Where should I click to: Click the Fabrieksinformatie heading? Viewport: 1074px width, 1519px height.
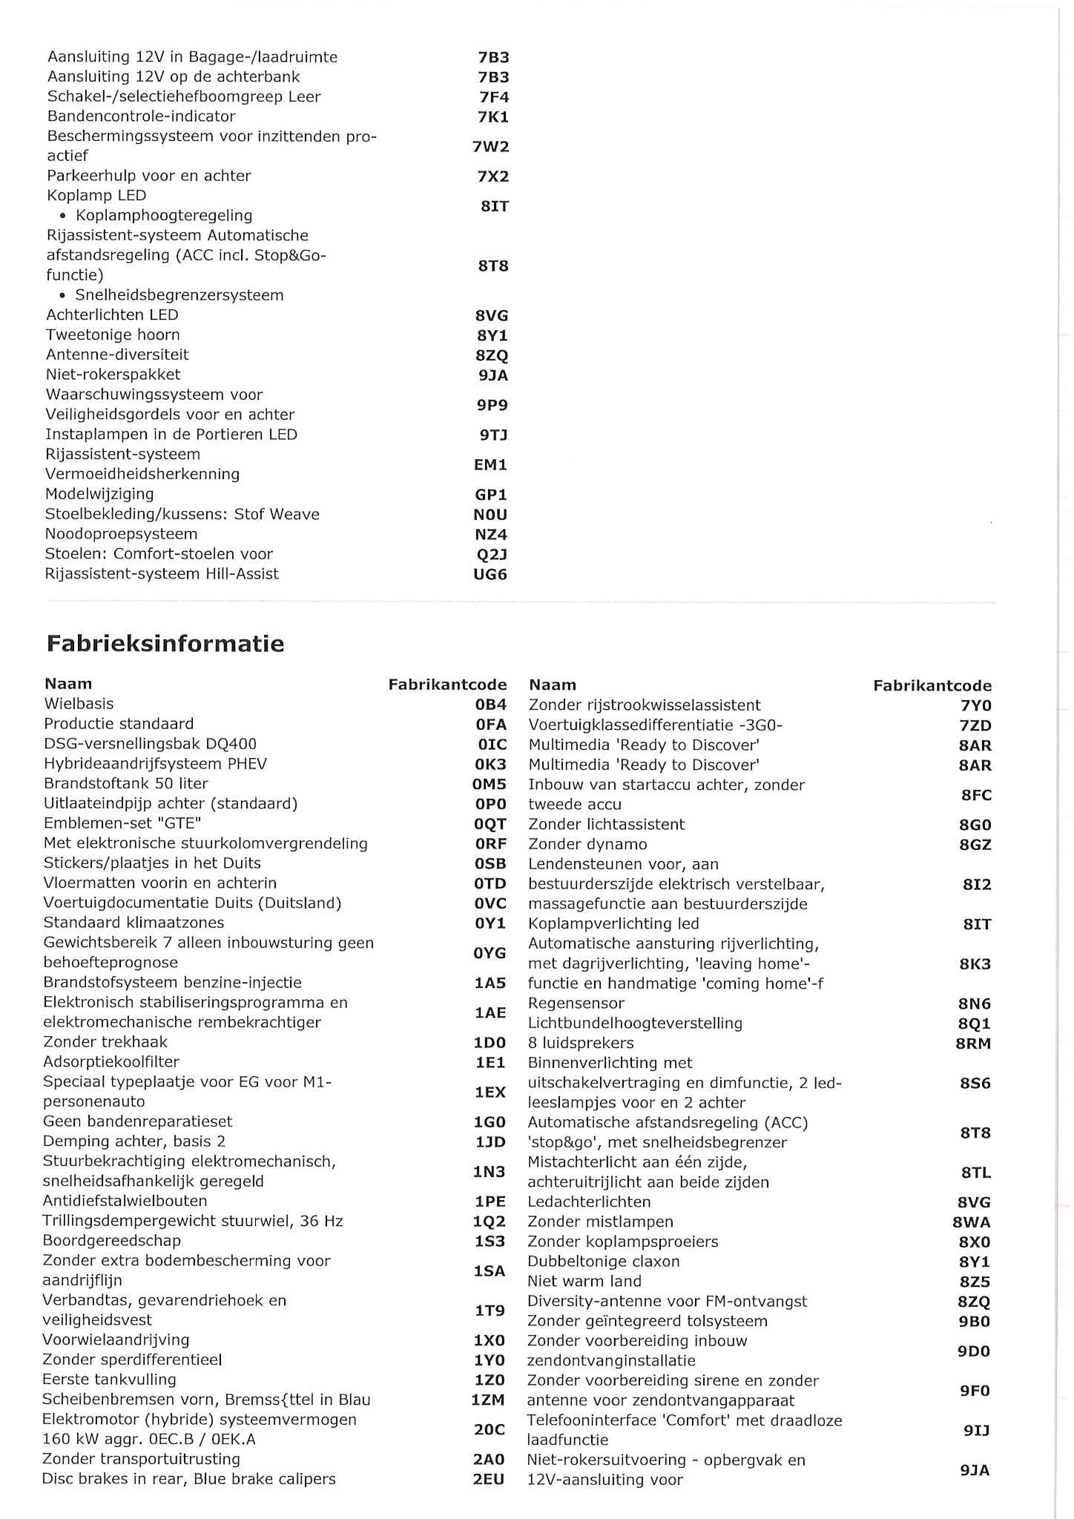pos(165,643)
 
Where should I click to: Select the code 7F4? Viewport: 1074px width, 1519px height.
pos(494,97)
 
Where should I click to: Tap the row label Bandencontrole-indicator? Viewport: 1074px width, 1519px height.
pos(141,116)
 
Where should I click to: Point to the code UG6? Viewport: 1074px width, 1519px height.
pos(490,574)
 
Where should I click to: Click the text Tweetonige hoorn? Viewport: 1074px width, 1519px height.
pos(113,335)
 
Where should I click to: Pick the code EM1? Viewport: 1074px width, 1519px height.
pos(491,465)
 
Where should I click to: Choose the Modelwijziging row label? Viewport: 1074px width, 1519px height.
pos(99,494)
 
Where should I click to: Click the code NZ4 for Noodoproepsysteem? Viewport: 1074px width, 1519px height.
pos(491,535)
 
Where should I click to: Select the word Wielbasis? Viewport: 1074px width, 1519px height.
pos(79,704)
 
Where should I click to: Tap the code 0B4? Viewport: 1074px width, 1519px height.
pos(491,705)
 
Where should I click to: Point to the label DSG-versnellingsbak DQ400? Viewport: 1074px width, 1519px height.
pos(151,744)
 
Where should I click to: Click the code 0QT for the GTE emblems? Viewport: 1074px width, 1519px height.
pos(490,824)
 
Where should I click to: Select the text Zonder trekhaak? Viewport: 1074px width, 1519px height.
pos(105,1042)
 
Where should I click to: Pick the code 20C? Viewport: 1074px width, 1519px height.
pos(490,1429)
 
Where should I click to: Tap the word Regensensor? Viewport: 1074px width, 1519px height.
pos(576,1004)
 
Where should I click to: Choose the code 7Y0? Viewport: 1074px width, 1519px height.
pos(976,706)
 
